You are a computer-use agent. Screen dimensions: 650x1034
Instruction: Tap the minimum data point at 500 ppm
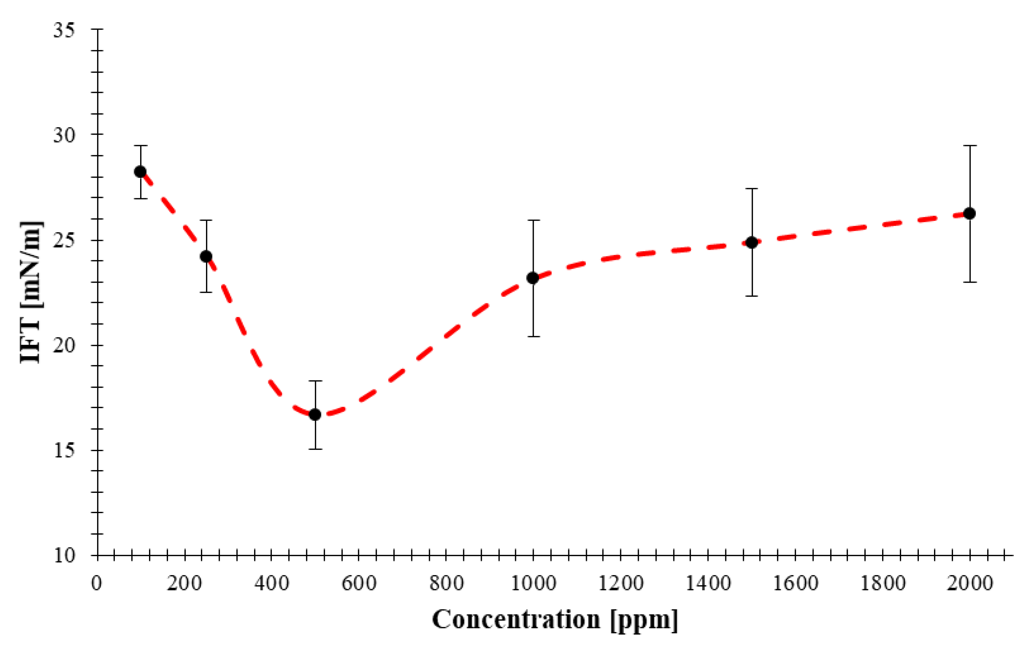point(315,414)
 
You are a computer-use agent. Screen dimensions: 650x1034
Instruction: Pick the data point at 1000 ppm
point(533,278)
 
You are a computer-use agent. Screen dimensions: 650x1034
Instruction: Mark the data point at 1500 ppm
point(752,242)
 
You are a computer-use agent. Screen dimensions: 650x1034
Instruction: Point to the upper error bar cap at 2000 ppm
point(969,146)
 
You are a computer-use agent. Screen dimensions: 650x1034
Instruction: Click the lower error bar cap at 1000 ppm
point(533,336)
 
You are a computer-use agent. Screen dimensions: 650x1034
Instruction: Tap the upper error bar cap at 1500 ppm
point(752,188)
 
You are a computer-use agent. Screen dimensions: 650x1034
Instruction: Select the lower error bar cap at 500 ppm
point(315,449)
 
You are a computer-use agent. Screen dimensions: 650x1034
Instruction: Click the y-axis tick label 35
point(64,30)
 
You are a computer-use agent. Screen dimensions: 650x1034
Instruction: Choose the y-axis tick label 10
point(64,555)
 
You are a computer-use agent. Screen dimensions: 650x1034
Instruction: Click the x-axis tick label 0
point(97,584)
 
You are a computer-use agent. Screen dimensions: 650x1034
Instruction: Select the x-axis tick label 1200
point(620,584)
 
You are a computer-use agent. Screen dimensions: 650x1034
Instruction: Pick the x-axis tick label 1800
point(882,584)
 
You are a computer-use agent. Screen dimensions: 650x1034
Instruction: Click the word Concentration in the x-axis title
point(516,620)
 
